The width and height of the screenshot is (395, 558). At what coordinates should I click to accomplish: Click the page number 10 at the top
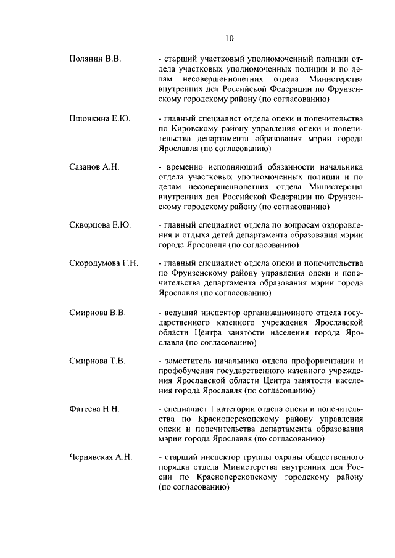(229, 38)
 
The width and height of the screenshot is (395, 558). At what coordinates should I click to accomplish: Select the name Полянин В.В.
(94, 59)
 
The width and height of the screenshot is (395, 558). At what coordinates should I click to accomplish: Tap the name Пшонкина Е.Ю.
(99, 117)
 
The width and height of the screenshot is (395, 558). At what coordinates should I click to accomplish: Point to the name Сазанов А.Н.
(94, 167)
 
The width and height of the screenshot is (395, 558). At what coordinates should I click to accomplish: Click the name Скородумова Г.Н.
(103, 263)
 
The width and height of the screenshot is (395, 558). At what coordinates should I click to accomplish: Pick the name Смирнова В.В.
(97, 313)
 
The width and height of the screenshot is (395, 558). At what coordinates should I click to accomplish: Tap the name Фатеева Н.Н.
(94, 409)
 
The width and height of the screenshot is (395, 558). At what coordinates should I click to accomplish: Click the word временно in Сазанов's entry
(185, 167)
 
